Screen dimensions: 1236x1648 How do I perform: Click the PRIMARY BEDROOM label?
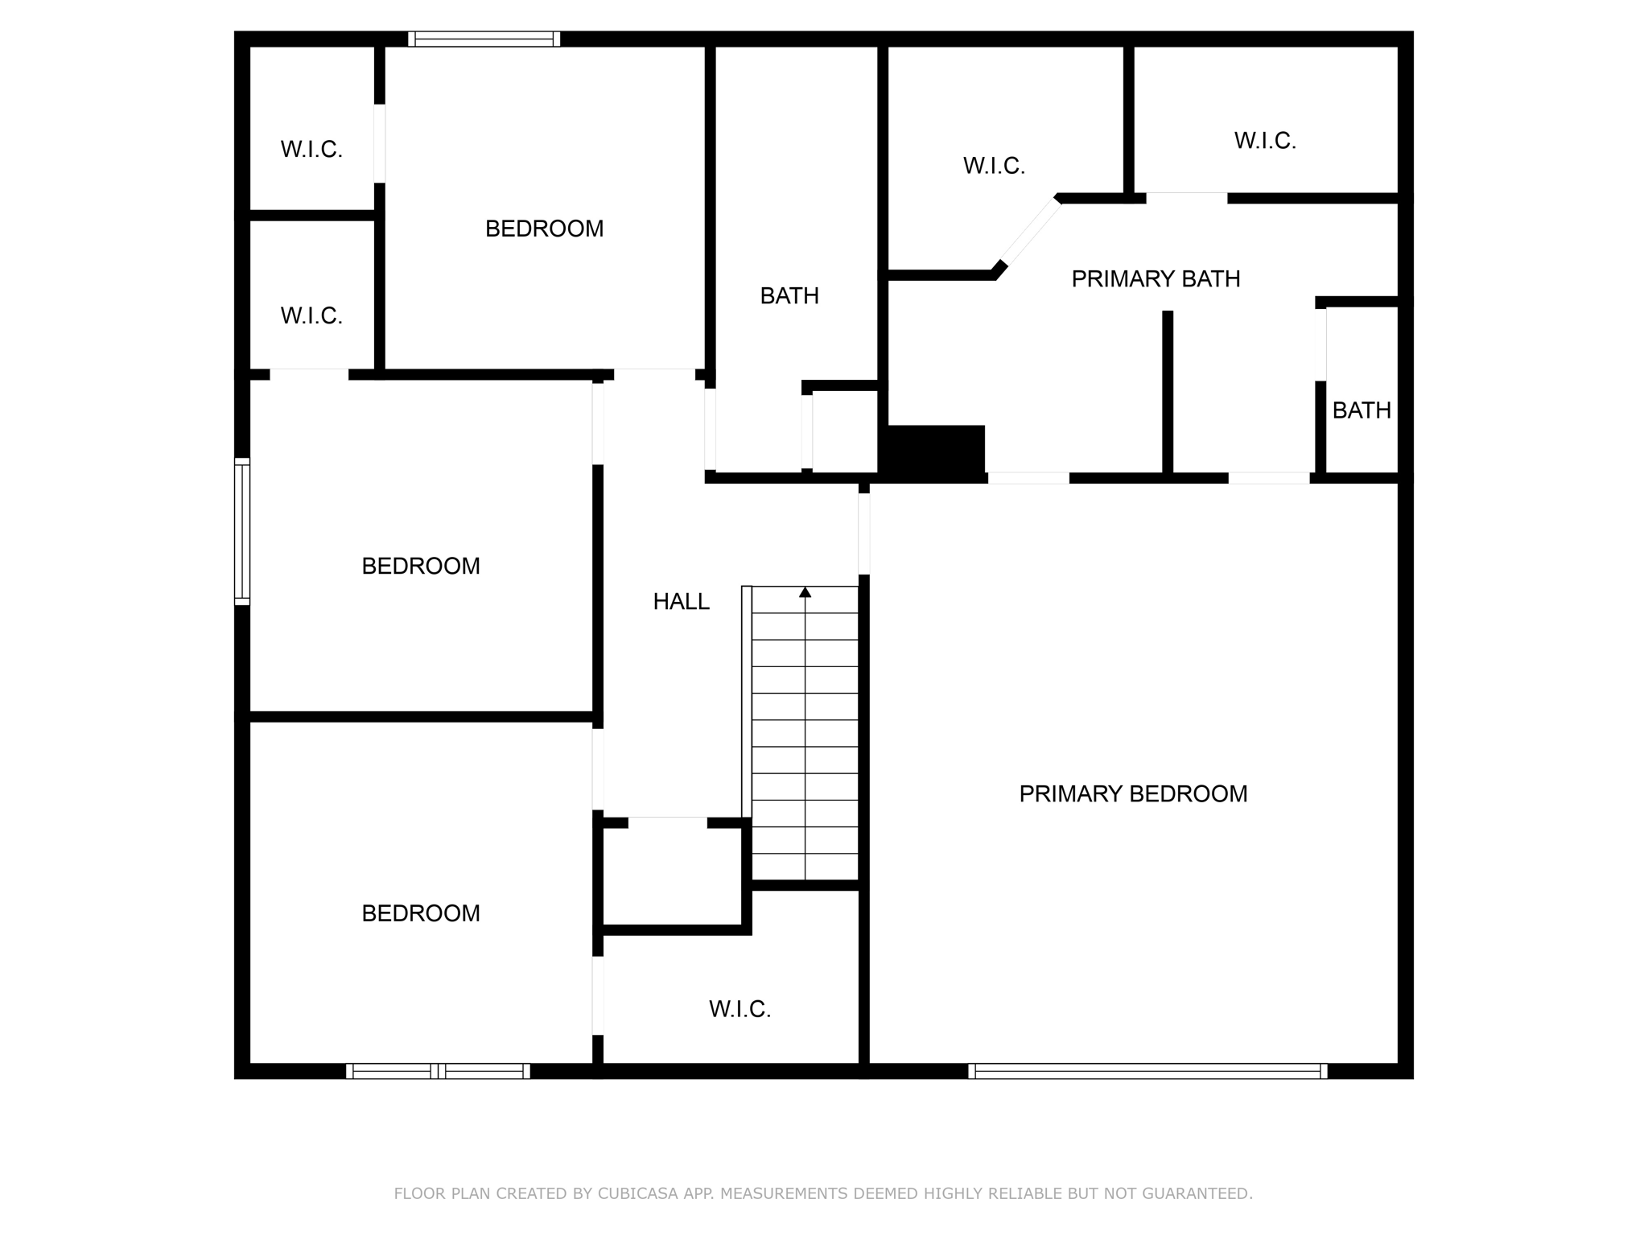click(x=1133, y=794)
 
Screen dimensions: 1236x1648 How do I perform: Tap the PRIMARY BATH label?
click(x=1156, y=279)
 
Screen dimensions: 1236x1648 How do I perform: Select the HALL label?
click(x=681, y=602)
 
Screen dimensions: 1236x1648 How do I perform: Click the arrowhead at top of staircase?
click(x=805, y=592)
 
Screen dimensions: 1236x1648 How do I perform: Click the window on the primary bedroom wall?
click(x=1147, y=1071)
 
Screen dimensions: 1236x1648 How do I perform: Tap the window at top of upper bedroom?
click(x=484, y=39)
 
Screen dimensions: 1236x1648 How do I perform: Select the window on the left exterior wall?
click(x=241, y=531)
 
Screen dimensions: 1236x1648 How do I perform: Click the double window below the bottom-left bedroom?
click(x=438, y=1071)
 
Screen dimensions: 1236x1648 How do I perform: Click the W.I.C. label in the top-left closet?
click(x=311, y=150)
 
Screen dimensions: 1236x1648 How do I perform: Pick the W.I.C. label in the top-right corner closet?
click(x=1265, y=141)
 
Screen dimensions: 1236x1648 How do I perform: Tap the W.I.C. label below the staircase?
click(x=740, y=1009)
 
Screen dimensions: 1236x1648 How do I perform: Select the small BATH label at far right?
click(x=1362, y=410)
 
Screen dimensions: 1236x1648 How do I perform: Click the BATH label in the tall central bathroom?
click(x=789, y=296)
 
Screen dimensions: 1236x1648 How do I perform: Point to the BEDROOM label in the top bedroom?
click(x=544, y=229)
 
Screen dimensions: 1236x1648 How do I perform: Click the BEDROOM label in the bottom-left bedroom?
click(x=421, y=913)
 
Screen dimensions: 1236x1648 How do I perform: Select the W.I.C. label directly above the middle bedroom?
click(x=311, y=316)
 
